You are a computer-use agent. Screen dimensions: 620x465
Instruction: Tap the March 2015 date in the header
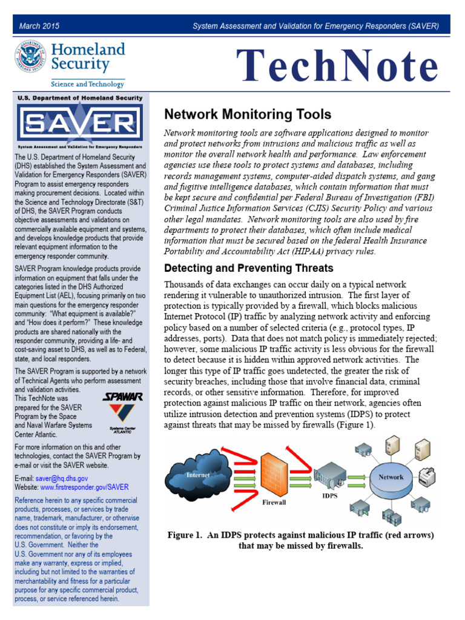tap(39, 26)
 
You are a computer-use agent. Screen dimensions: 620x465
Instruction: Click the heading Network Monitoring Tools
tap(248, 114)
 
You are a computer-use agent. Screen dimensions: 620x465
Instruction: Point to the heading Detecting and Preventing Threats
tap(249, 268)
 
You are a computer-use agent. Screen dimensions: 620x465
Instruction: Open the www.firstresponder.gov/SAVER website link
tap(85, 487)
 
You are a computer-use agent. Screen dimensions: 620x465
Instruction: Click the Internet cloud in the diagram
tap(198, 477)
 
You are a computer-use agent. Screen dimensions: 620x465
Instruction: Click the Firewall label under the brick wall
tap(274, 502)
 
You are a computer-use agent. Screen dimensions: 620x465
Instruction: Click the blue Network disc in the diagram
tap(391, 477)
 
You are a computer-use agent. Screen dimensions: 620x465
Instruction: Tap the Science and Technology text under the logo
tap(87, 84)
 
